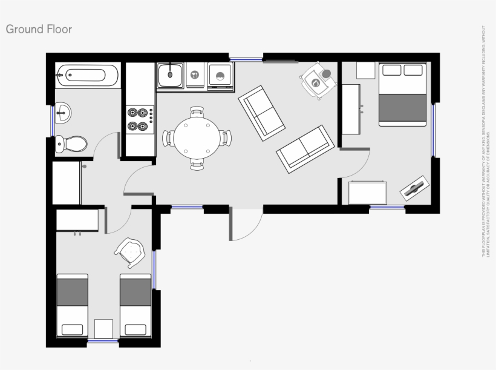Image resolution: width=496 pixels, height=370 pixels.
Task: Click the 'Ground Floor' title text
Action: click(x=39, y=29)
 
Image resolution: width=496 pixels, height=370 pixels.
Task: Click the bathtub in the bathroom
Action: click(x=88, y=76)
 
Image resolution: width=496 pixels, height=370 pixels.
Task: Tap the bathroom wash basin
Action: click(x=64, y=111)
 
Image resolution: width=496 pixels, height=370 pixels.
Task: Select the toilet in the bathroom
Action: click(x=71, y=144)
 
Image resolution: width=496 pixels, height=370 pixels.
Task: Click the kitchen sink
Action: click(x=171, y=76)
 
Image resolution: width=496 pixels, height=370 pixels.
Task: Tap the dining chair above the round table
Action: click(x=197, y=111)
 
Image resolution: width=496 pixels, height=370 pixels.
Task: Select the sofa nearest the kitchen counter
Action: click(x=262, y=112)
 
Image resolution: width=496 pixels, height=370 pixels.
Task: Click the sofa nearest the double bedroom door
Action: click(x=305, y=149)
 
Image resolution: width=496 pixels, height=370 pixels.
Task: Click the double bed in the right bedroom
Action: click(x=402, y=94)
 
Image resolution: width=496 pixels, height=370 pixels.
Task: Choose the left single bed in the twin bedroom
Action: click(x=73, y=305)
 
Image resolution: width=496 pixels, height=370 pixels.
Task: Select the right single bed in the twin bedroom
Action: click(x=135, y=305)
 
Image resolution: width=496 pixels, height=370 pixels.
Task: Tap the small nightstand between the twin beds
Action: click(x=104, y=328)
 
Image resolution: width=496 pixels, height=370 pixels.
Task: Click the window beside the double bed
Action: click(x=433, y=130)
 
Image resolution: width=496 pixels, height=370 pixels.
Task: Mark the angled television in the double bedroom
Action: click(x=415, y=188)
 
